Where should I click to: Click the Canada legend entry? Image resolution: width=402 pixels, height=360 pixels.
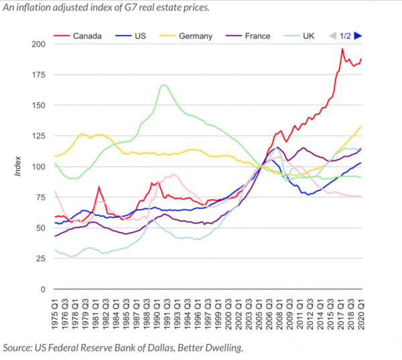click(84, 35)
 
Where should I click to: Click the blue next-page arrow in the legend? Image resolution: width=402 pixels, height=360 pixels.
click(358, 35)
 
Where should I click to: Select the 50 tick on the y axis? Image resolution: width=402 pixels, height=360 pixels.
click(41, 229)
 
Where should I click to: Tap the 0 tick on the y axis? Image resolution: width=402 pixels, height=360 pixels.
click(43, 290)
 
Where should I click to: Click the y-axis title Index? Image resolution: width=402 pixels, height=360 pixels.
click(19, 167)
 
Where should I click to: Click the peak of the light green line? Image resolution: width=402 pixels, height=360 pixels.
click(164, 85)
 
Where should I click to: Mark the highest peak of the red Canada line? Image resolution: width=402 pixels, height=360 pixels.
click(342, 49)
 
